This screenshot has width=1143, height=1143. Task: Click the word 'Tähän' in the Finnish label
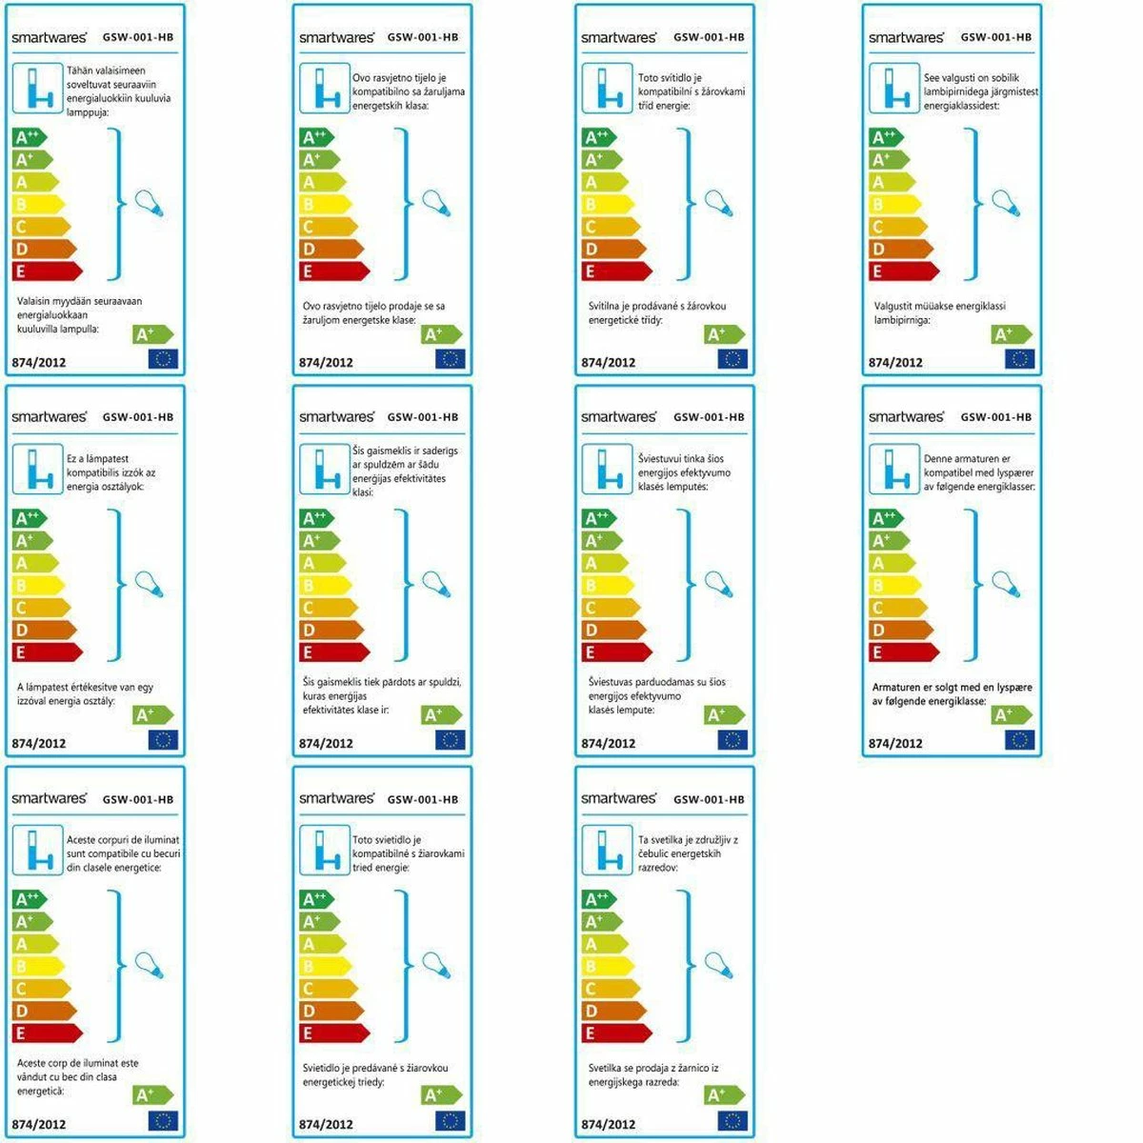pyautogui.click(x=78, y=70)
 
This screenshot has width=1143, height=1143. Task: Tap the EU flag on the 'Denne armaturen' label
pyautogui.click(x=1019, y=739)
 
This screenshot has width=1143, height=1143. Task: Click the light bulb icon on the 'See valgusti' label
pyautogui.click(x=1006, y=203)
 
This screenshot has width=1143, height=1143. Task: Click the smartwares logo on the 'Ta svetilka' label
pyautogui.click(x=618, y=798)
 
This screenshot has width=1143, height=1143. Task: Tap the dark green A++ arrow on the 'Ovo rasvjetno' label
pyautogui.click(x=317, y=138)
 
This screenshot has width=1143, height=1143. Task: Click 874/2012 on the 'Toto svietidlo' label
pyautogui.click(x=326, y=1124)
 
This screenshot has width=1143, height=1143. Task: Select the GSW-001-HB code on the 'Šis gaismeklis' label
pyautogui.click(x=423, y=417)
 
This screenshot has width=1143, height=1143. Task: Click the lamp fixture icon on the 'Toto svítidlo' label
pyautogui.click(x=607, y=89)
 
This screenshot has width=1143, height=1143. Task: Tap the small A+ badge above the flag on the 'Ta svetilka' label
pyautogui.click(x=724, y=1095)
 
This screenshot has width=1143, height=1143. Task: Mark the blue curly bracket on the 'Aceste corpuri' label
pyautogui.click(x=117, y=966)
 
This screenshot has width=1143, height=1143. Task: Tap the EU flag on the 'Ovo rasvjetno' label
pyautogui.click(x=450, y=359)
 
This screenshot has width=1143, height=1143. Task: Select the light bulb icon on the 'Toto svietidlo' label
pyautogui.click(x=435, y=965)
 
